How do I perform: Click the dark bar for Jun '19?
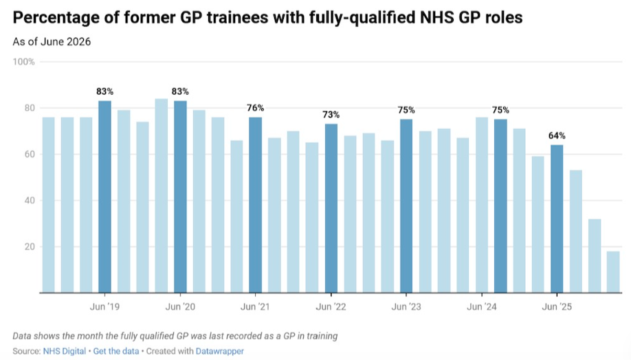(104, 196)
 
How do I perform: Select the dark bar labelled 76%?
(255, 205)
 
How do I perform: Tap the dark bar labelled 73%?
(331, 208)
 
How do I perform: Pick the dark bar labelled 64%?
(557, 218)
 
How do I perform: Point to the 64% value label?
(557, 136)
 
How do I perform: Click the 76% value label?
(256, 108)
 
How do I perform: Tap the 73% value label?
(331, 115)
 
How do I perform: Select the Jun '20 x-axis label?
(180, 307)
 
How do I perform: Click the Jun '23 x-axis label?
(406, 307)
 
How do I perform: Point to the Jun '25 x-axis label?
(557, 307)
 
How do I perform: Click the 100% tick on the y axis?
(24, 62)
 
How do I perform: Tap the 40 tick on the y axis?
(30, 201)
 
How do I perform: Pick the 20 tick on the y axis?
(30, 247)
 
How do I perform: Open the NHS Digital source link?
(65, 351)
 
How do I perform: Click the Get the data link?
(116, 351)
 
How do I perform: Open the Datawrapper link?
(220, 351)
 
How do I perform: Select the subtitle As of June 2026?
(52, 42)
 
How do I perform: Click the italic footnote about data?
(175, 336)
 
